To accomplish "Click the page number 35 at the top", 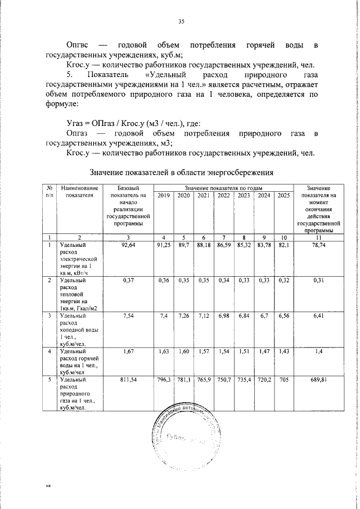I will point(181,21).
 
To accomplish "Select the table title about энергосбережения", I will point(182,172).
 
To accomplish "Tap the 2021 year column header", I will point(204,195).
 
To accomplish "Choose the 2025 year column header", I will point(283,195).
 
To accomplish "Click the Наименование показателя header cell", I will point(80,191).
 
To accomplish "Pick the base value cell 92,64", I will point(129,245).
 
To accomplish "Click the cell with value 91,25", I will point(164,245).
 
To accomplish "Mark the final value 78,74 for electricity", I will point(319,245).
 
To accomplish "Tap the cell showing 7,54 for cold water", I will point(129,317).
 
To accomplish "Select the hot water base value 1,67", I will point(129,352).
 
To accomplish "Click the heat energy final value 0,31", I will point(319,281).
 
